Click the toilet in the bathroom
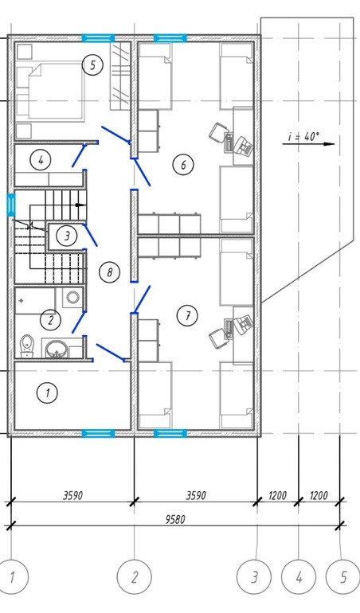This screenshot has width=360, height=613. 26,346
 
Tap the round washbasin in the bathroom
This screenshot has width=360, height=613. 57,348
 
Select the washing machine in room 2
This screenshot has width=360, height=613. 72,298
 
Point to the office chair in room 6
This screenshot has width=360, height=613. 217,134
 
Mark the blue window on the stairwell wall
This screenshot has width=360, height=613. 11,205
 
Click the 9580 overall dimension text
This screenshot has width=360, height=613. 175,519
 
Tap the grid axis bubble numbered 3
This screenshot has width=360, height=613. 254,577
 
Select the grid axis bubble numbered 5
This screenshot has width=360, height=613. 343,577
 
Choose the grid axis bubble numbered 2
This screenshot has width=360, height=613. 135,577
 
